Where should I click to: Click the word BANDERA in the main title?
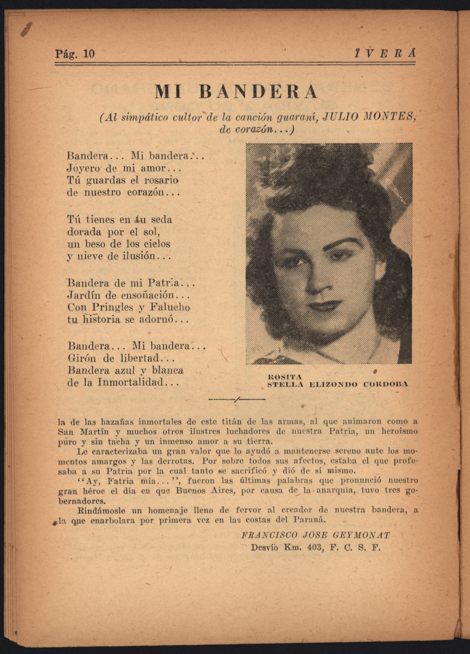(x=258, y=92)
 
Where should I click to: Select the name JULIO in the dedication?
(x=336, y=117)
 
